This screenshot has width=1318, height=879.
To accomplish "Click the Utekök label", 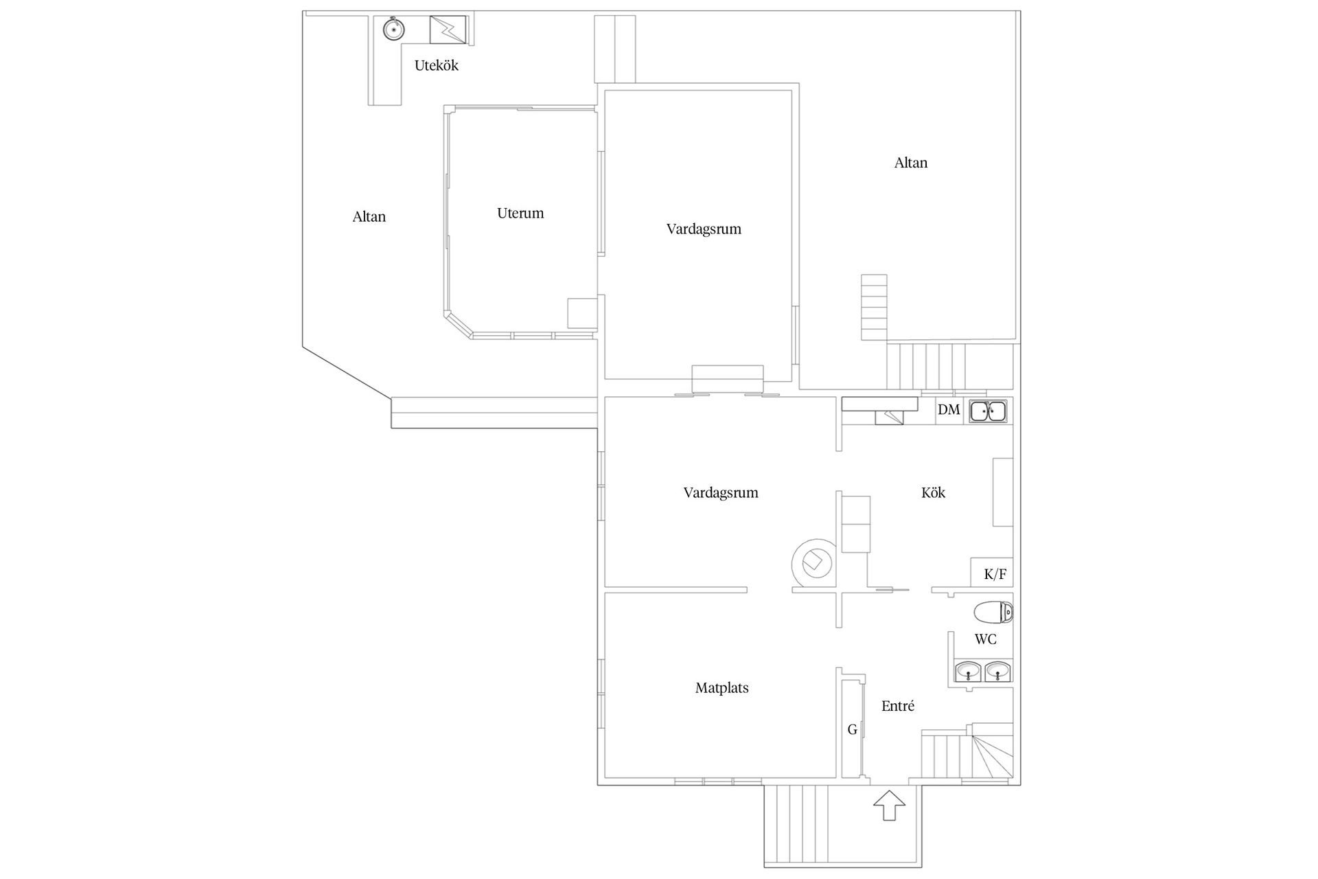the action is [436, 65].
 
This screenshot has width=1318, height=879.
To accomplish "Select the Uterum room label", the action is [520, 213].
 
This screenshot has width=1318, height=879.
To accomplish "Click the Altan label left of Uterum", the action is [369, 217].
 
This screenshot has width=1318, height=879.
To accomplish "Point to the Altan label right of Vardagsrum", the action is [911, 163].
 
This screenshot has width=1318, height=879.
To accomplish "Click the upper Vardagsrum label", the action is [704, 229].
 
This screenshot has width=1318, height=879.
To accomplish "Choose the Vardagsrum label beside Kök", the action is [721, 493].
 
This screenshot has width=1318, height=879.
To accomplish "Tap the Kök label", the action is [934, 492].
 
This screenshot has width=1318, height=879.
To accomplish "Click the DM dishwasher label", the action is [949, 410].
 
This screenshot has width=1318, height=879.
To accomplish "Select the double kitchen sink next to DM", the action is [988, 411].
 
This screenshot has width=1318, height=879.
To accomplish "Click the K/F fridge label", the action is [995, 574].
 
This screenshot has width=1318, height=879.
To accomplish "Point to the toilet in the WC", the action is [993, 612].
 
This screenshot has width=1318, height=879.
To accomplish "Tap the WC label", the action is [986, 639].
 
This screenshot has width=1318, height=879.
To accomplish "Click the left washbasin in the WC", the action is [968, 671].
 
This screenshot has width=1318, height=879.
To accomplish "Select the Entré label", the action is [898, 706].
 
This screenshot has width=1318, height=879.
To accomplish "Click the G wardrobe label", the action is [853, 730].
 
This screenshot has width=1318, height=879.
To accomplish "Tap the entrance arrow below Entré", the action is [890, 805].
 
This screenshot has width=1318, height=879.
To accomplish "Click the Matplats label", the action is [721, 688].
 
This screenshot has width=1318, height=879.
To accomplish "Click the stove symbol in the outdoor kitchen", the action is [448, 30].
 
